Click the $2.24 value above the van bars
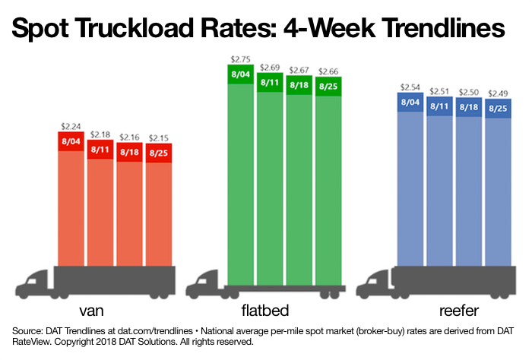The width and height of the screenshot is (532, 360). [x=71, y=127]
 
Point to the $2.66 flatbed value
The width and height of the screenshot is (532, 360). [x=328, y=68]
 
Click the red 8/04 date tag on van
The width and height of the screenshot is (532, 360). [x=71, y=141]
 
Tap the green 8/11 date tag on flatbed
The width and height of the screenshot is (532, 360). [x=269, y=82]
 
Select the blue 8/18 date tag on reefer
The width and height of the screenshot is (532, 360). [x=468, y=107]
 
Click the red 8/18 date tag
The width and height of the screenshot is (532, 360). [x=129, y=152]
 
